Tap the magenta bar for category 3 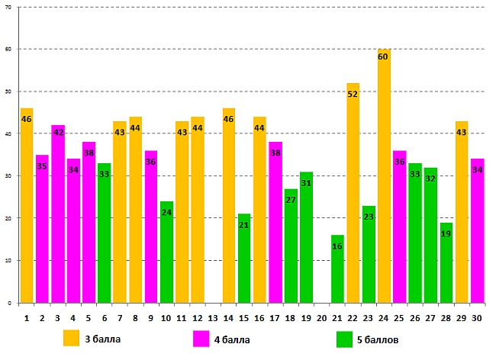pyautogui.click(x=58, y=214)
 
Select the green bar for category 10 pyautogui.click(x=166, y=252)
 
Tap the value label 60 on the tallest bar pyautogui.click(x=384, y=56)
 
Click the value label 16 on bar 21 pyautogui.click(x=337, y=247)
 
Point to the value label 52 pyautogui.click(x=353, y=95)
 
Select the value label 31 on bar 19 pyautogui.click(x=306, y=184)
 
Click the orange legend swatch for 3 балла pyautogui.click(x=71, y=338)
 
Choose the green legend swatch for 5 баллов pyautogui.click(x=344, y=338)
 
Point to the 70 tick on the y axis pyautogui.click(x=7, y=7)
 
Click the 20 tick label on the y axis pyautogui.click(x=7, y=218)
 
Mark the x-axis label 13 pyautogui.click(x=213, y=317)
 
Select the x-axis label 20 pyautogui.click(x=321, y=317)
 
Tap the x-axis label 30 pyautogui.click(x=477, y=317)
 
